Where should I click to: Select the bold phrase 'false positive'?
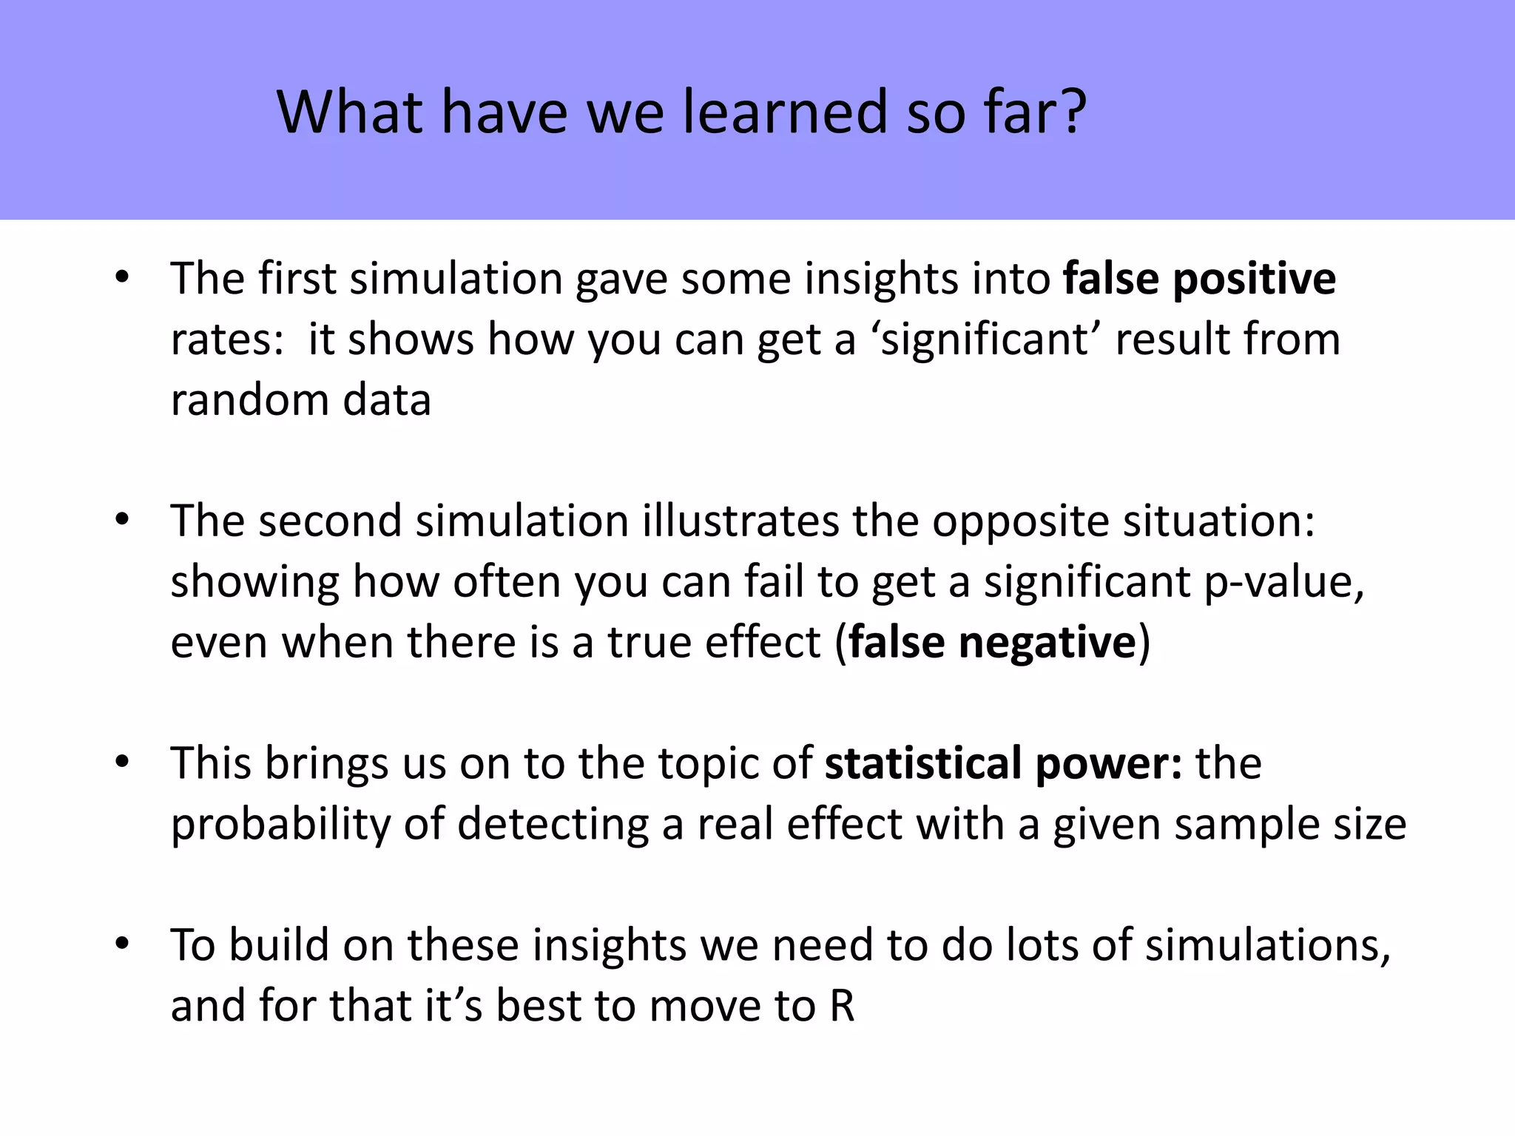click(1199, 279)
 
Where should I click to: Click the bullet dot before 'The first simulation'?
click(122, 279)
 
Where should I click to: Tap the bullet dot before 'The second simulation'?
click(122, 521)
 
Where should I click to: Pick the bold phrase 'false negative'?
click(991, 642)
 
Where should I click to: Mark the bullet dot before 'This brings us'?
click(122, 763)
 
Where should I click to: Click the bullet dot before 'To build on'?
click(122, 944)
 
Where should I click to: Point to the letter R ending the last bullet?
click(841, 1006)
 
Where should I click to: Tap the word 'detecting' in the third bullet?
click(553, 824)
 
